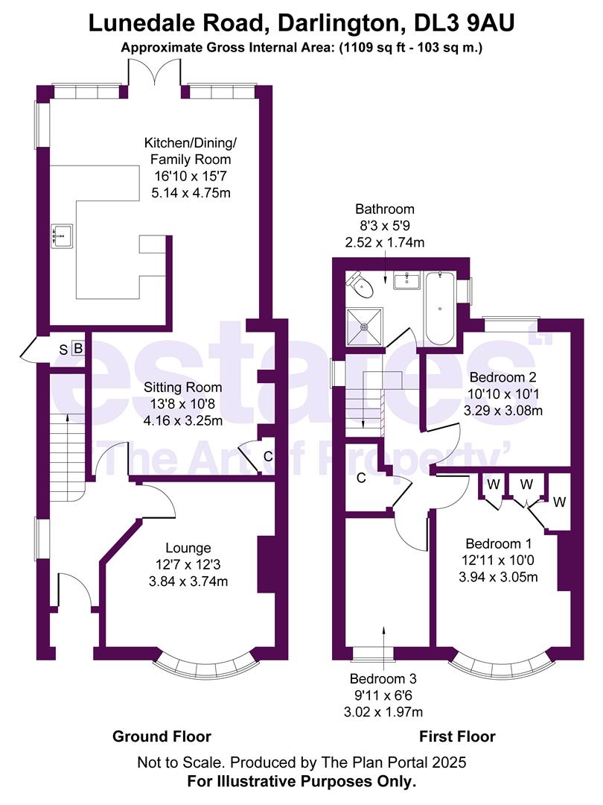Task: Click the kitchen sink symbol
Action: click(x=62, y=236)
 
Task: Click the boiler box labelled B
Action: click(x=77, y=349)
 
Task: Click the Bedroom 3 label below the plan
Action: click(x=383, y=679)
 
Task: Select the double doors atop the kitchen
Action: click(x=153, y=75)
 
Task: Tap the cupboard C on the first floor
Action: click(x=360, y=479)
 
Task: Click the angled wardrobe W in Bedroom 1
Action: click(x=559, y=502)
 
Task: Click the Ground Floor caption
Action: click(x=162, y=736)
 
